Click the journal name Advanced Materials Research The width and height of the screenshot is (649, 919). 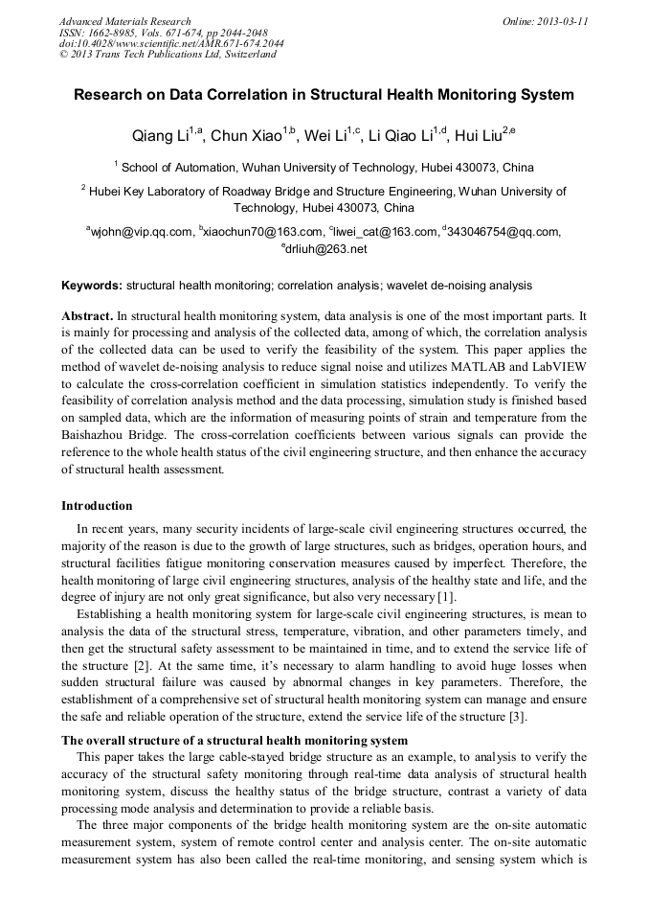pos(124,21)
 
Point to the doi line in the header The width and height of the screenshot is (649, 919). pos(170,44)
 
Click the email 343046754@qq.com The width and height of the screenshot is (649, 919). pos(503,231)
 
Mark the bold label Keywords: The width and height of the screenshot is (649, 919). pos(92,286)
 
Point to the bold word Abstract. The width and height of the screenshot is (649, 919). pos(87,315)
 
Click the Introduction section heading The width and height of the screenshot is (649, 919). pos(97,506)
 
